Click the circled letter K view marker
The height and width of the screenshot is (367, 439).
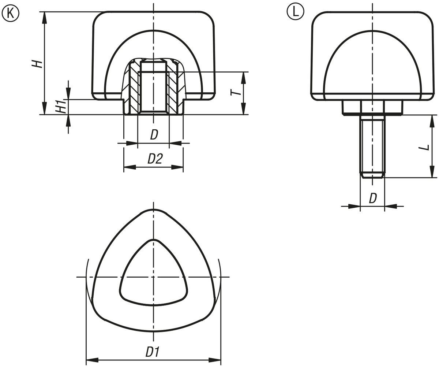10,13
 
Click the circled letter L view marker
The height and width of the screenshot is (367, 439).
295,12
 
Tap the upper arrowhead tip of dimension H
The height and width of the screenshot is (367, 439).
45,12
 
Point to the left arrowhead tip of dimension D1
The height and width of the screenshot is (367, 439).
86,360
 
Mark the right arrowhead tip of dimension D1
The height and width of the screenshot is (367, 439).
221,360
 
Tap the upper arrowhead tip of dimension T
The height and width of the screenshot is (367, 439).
244,72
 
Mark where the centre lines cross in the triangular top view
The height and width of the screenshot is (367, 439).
154,277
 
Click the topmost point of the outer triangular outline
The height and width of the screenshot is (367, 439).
154,209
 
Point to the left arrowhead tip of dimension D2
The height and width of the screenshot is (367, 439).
124,167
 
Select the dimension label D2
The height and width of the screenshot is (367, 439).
155,159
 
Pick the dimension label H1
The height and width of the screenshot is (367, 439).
61,106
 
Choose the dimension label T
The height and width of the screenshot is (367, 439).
235,92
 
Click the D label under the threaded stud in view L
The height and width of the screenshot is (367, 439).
373,199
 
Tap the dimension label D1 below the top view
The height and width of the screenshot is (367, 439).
153,352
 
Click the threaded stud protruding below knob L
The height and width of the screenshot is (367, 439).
372,147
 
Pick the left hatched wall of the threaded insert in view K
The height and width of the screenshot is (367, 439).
135,88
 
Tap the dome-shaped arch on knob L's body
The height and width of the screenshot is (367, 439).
372,65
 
